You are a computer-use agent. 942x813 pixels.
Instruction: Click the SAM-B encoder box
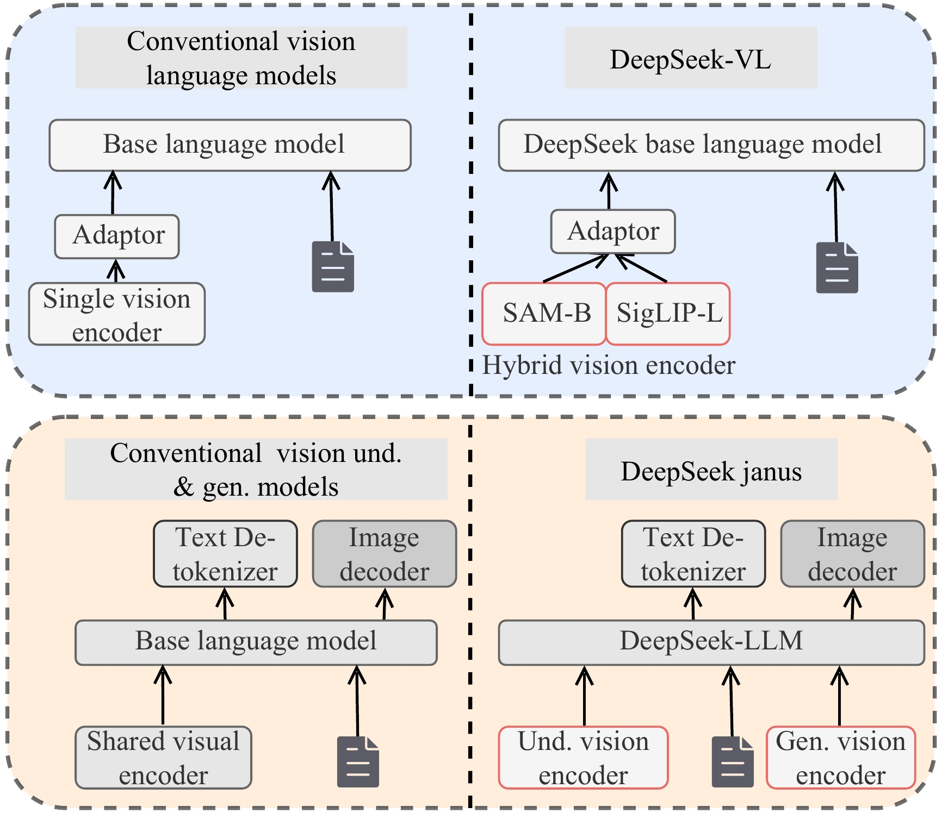point(544,314)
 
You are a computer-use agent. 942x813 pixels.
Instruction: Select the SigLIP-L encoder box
point(668,314)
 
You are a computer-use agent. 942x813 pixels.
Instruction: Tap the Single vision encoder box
point(117,314)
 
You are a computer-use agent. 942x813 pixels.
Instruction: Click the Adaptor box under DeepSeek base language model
point(613,232)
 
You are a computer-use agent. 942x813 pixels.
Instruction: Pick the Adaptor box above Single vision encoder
point(117,236)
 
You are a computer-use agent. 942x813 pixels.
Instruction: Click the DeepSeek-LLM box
point(711,642)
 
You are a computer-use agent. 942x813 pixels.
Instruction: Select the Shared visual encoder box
point(163,758)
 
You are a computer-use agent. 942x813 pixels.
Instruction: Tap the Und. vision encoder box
point(583,758)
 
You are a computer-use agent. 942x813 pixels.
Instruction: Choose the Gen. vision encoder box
point(841,758)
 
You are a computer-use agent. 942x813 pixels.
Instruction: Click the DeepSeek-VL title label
point(690,58)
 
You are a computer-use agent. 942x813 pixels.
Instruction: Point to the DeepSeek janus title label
point(711,471)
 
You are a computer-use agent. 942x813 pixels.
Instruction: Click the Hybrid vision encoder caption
point(608,365)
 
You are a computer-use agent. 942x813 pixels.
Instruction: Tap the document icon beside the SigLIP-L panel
point(837,268)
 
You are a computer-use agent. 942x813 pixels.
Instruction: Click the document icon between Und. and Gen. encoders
point(733,761)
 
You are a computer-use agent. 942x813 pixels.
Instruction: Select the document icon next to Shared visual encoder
point(358,761)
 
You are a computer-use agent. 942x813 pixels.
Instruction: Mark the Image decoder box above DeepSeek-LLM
point(852,554)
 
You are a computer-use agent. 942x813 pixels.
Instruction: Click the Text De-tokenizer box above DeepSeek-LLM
point(693,554)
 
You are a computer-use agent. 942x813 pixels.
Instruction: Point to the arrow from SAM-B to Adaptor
point(575,268)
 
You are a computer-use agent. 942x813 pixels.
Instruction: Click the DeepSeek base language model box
point(711,145)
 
